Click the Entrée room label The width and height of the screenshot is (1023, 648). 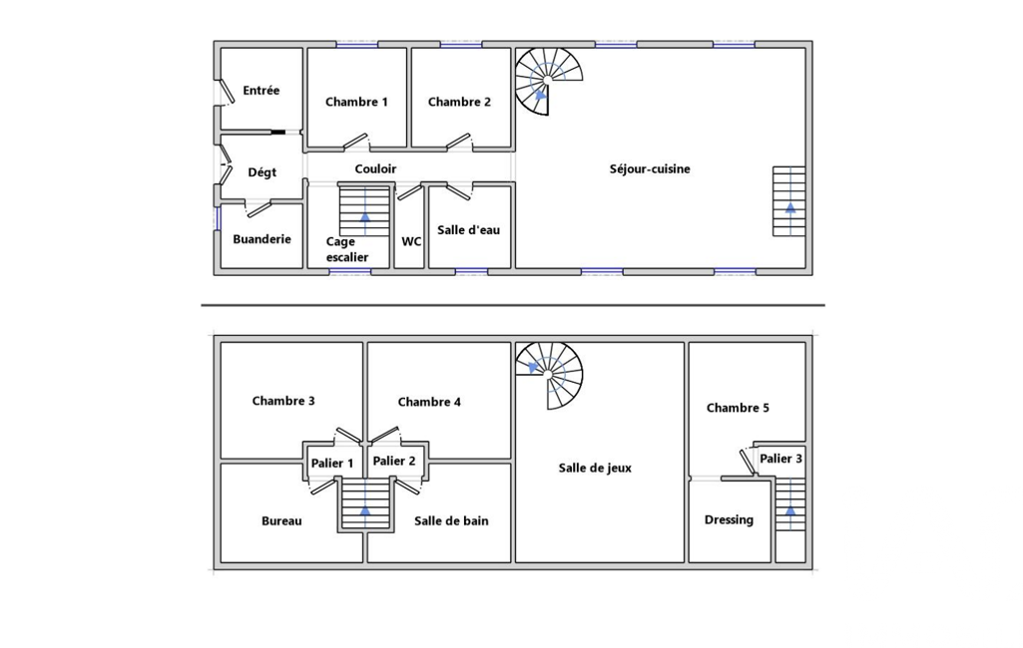[260, 91]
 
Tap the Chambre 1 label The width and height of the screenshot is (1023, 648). [356, 102]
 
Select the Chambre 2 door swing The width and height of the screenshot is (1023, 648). [459, 142]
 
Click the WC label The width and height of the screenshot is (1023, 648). [411, 242]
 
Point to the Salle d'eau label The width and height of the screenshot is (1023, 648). [468, 230]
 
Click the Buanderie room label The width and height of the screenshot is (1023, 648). [261, 239]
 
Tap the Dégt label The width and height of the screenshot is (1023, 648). [261, 172]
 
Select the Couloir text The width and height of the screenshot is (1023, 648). [375, 168]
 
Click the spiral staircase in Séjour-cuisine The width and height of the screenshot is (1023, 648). [548, 81]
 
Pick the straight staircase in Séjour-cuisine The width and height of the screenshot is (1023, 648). [788, 201]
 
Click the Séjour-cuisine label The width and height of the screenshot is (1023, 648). [649, 168]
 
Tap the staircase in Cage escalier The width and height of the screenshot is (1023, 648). [364, 211]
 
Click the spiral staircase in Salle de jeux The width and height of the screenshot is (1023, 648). [548, 376]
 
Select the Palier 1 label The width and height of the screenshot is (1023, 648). [332, 464]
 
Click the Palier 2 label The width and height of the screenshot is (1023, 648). [394, 461]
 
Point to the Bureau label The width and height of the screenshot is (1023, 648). [281, 520]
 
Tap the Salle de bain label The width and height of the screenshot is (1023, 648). [451, 520]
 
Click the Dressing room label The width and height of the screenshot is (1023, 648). [729, 520]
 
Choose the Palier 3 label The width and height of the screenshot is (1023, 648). [780, 459]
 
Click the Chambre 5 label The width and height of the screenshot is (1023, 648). [738, 408]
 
